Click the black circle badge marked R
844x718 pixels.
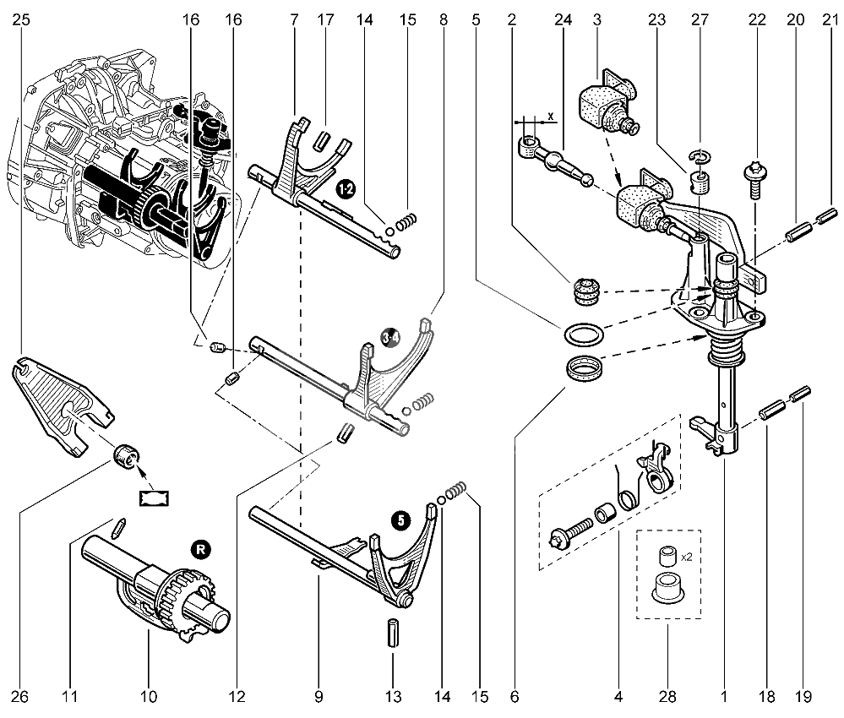pos(199,549)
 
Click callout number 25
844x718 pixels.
pos(21,19)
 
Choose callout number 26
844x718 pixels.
pos(21,697)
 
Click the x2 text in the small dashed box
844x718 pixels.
pos(686,558)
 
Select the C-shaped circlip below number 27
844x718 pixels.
pos(698,155)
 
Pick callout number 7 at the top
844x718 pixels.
pos(294,19)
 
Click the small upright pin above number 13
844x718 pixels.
pos(392,634)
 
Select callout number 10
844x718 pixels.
pos(149,697)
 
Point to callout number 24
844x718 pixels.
pos(560,19)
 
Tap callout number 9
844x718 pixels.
pos(319,697)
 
